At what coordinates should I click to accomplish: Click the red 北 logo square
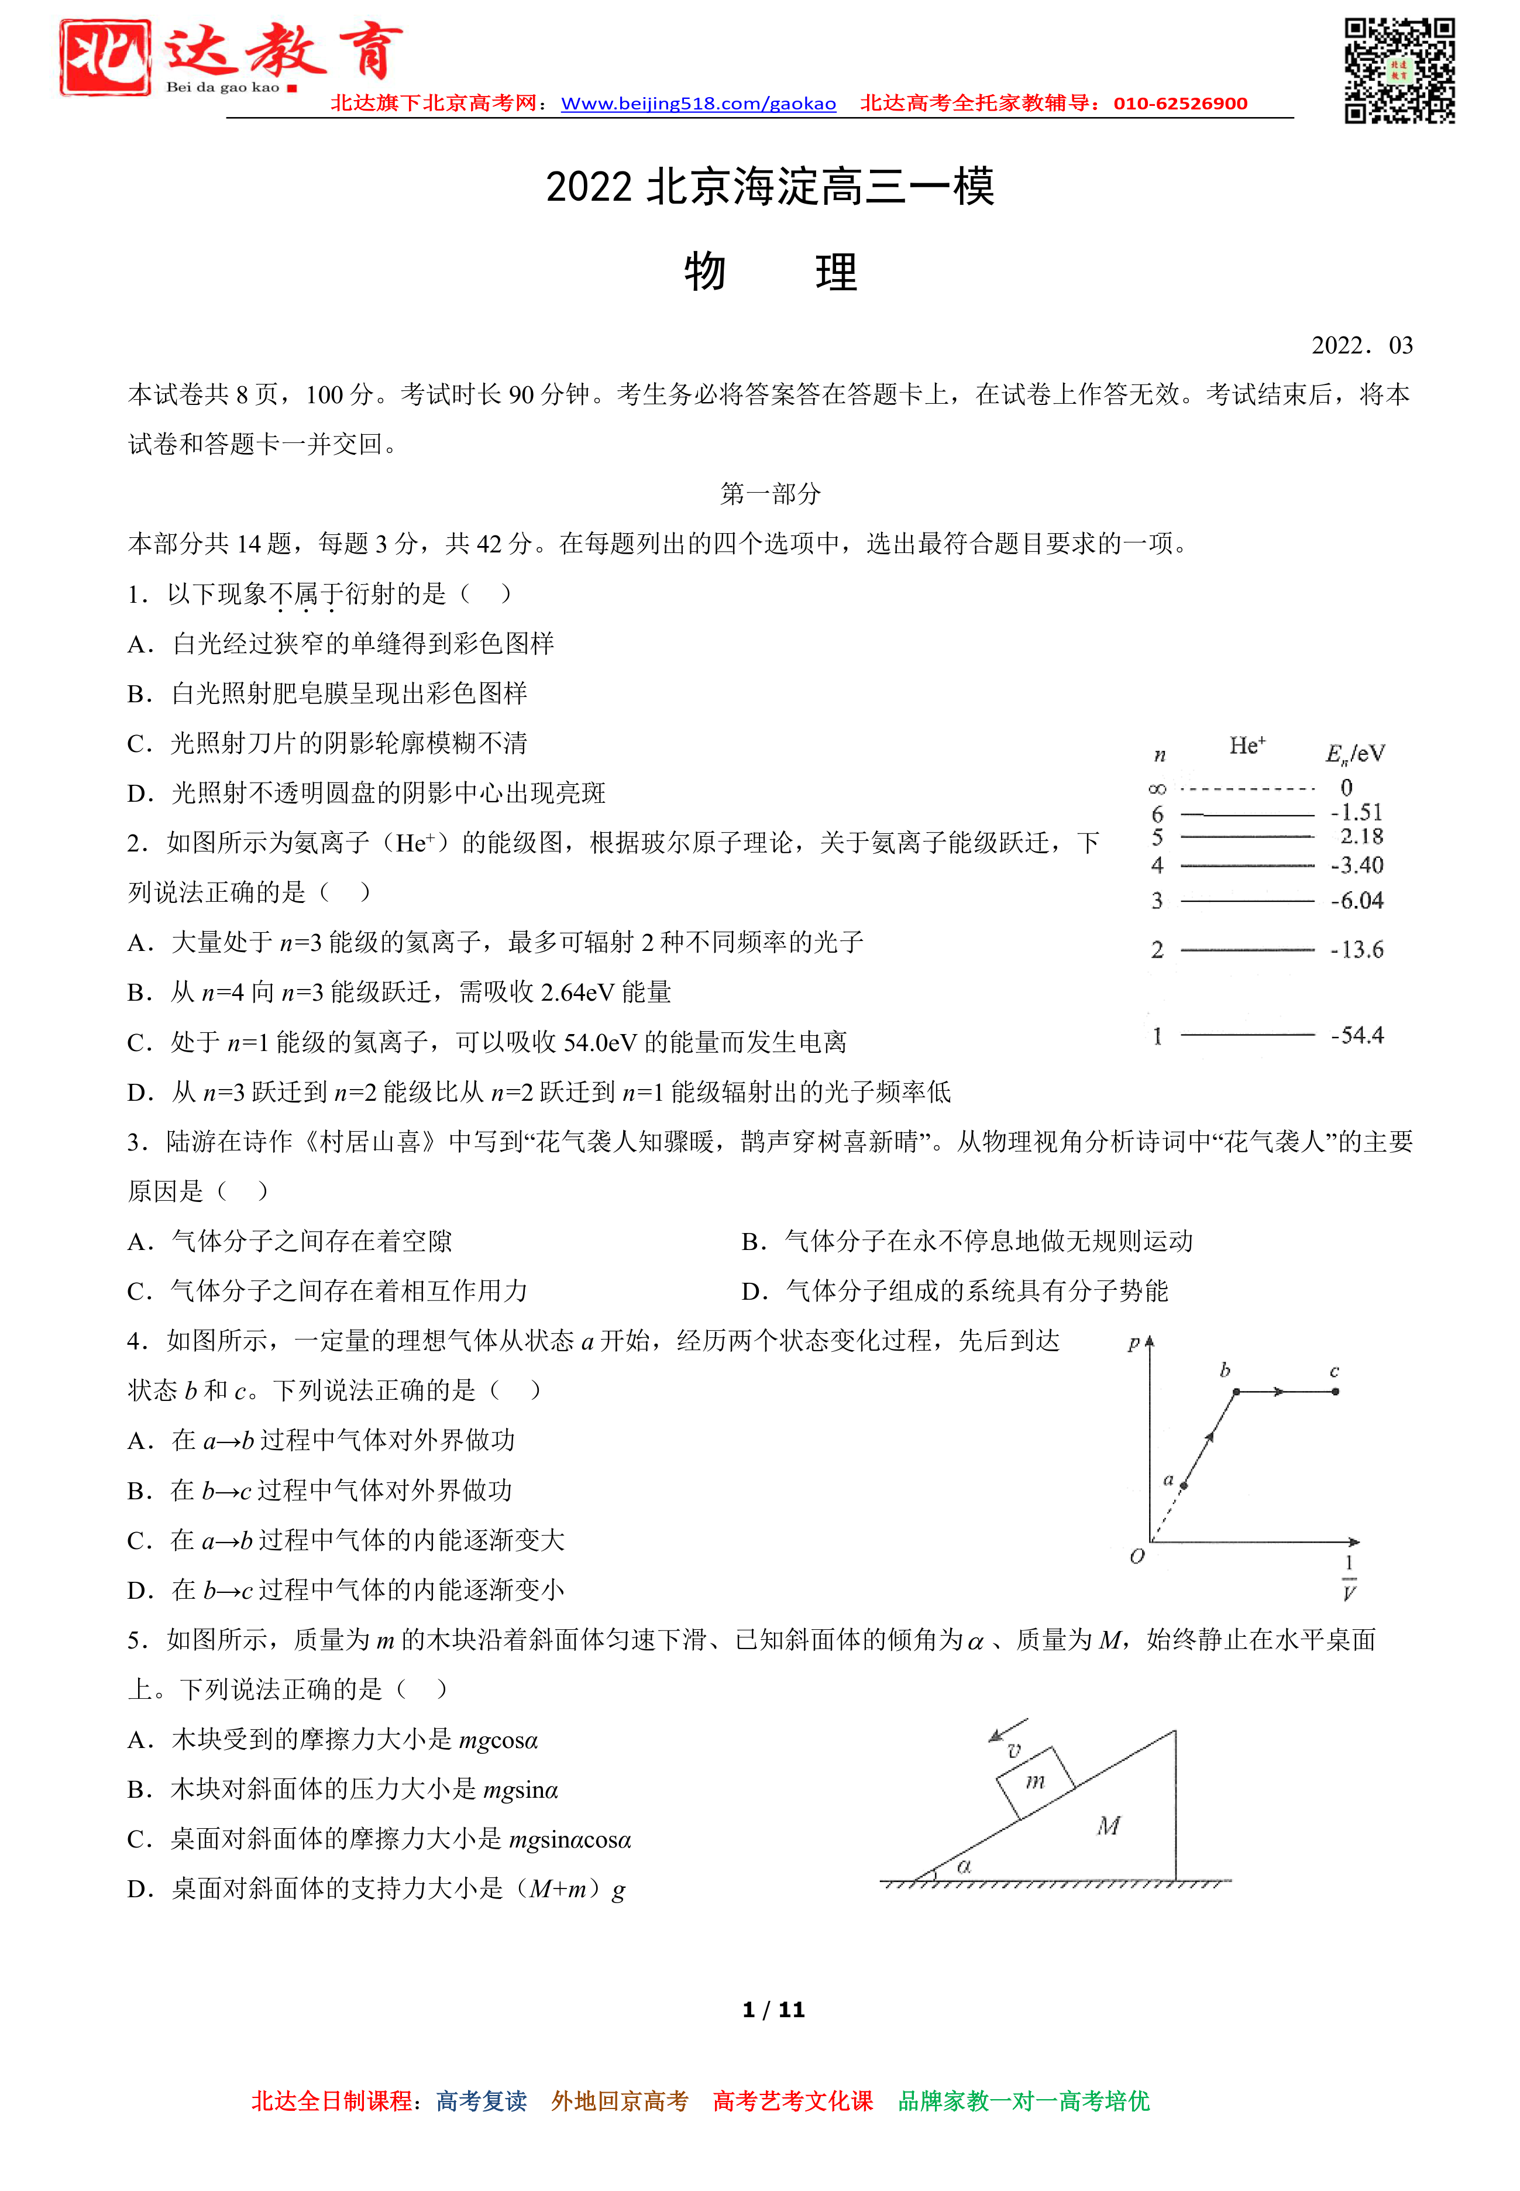coord(105,57)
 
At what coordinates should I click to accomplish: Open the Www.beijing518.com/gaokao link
coord(698,104)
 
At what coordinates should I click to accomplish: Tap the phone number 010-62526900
coord(1180,104)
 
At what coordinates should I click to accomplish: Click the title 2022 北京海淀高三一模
coord(769,187)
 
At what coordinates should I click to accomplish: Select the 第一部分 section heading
coord(769,493)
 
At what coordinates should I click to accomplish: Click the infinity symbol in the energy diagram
coord(1157,789)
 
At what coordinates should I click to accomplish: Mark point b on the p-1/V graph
coord(1236,1392)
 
